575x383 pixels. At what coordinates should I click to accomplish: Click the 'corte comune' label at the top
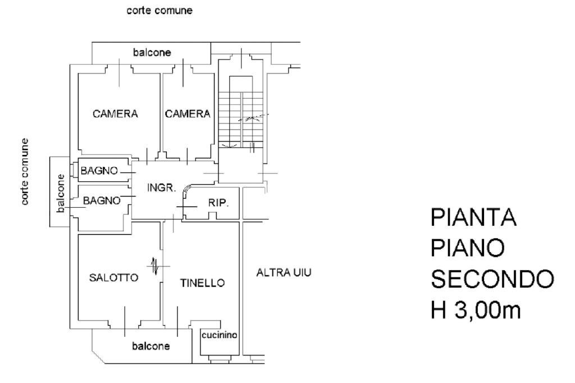[x=159, y=11]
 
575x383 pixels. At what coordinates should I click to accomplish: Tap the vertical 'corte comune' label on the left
[x=26, y=171]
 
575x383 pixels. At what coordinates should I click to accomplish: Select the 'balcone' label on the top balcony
[x=152, y=52]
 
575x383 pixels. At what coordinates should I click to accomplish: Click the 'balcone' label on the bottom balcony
[x=150, y=346]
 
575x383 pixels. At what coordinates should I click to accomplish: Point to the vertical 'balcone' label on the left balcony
[x=61, y=193]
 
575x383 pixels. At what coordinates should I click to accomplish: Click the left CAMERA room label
[x=115, y=113]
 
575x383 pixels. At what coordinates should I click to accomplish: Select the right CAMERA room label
[x=188, y=113]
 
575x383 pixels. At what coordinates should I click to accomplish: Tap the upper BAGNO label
[x=99, y=171]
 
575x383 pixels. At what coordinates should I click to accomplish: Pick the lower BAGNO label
[x=102, y=200]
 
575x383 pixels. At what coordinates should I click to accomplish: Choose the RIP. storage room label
[x=218, y=203]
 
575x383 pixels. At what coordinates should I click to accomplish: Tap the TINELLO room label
[x=202, y=282]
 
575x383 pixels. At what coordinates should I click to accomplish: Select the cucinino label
[x=220, y=335]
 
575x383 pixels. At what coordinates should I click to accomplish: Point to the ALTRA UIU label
[x=284, y=273]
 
